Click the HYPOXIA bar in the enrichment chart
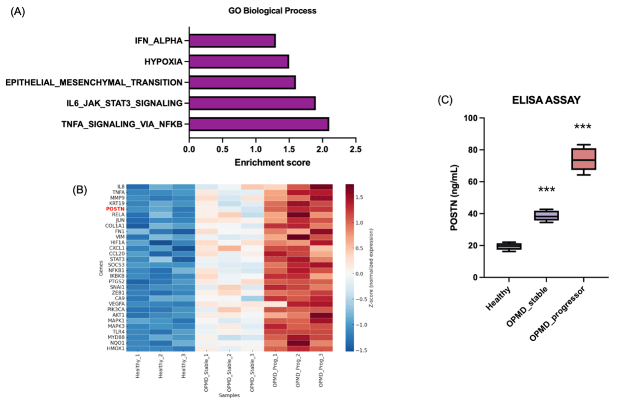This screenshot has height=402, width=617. tap(239, 61)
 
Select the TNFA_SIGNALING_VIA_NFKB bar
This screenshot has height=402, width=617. tap(259, 124)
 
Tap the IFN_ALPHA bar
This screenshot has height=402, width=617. tap(233, 41)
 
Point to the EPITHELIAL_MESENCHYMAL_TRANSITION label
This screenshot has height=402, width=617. tap(93, 82)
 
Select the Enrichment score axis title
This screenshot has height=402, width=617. tap(272, 163)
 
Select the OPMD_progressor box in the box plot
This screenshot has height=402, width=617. tap(583, 159)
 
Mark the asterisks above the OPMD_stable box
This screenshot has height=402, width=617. tap(546, 191)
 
